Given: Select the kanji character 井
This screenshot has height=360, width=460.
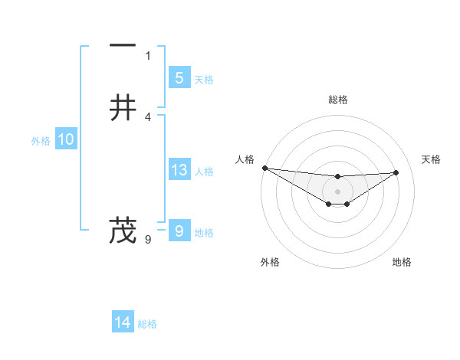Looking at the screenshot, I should click(123, 107).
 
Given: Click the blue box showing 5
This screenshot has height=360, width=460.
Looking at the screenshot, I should click(179, 78).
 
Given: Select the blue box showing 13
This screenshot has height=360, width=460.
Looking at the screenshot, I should click(179, 170).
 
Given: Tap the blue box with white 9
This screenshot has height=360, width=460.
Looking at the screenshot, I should click(179, 231).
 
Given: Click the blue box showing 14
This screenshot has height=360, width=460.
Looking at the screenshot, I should click(123, 323).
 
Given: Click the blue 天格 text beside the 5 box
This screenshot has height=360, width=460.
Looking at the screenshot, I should click(204, 80).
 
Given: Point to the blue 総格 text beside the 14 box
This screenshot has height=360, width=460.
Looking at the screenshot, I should click(147, 324).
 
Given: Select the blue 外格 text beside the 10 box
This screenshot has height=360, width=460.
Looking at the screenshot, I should click(41, 141).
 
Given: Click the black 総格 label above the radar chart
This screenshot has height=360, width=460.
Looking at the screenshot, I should click(338, 100).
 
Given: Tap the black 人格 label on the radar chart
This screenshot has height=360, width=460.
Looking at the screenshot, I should click(245, 159).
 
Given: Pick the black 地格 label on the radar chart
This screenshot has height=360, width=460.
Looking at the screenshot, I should click(402, 262).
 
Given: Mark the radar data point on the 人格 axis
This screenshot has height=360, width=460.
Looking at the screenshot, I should click(264, 168).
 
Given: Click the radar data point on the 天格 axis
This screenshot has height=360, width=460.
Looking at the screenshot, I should click(396, 172).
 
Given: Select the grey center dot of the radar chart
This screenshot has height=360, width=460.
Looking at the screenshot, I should click(338, 191).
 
